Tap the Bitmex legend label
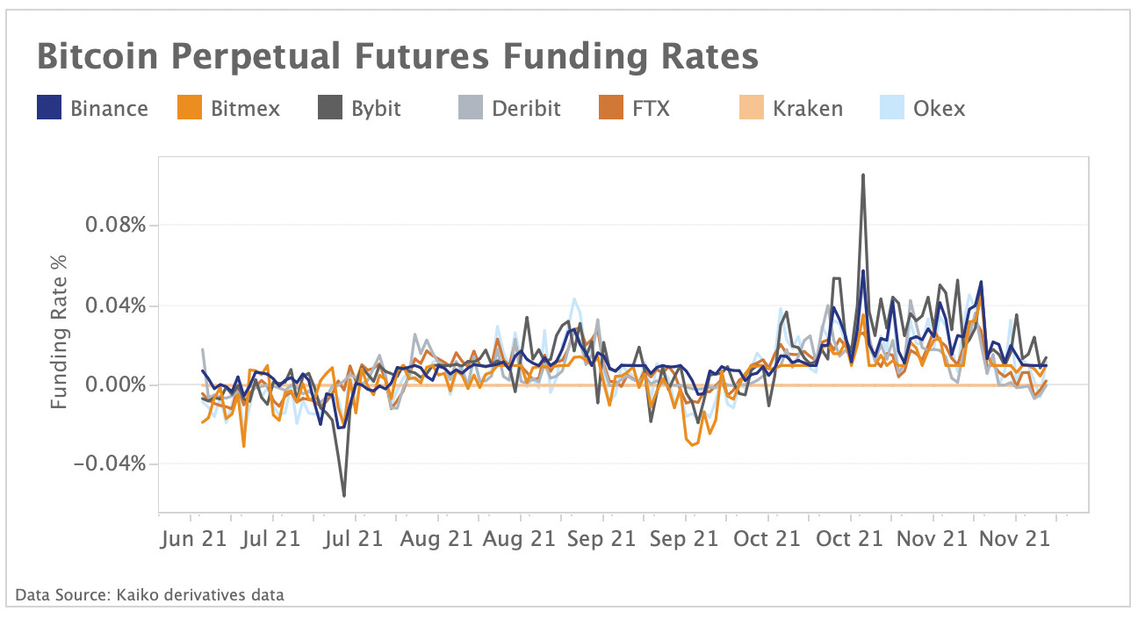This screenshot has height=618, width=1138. pos(246,109)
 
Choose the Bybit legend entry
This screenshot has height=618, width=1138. pos(375,109)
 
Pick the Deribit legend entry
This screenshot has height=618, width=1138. pos(525,109)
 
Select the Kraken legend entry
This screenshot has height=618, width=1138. pos(807,109)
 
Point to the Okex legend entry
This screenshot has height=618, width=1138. pos(940,109)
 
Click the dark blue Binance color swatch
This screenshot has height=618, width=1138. pos(47,109)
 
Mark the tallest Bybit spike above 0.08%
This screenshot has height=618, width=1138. pos(863,175)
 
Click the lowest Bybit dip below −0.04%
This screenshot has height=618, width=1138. pos(343,496)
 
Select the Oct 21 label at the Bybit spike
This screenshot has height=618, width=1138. pos(850,538)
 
